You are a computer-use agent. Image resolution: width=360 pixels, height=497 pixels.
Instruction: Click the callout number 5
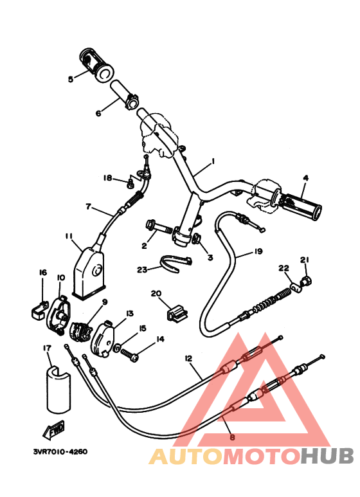(71, 78)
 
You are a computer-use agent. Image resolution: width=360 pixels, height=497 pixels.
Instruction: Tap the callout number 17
(47, 348)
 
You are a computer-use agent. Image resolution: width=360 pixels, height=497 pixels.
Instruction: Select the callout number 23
(142, 269)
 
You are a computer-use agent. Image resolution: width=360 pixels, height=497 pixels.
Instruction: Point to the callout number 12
(188, 359)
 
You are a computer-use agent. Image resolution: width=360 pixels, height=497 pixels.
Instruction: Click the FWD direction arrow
(53, 429)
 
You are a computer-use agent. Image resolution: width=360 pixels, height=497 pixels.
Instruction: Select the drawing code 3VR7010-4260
(60, 452)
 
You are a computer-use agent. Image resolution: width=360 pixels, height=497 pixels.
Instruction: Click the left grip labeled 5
(96, 66)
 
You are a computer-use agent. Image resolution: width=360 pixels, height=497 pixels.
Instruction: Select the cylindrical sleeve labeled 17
(59, 390)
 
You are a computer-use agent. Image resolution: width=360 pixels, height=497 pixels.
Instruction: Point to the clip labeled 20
(177, 312)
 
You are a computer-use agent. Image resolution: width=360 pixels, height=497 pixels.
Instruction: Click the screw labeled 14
(129, 354)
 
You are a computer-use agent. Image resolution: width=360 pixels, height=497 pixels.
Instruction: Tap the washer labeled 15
(116, 348)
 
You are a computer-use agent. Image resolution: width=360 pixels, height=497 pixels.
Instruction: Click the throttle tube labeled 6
(124, 95)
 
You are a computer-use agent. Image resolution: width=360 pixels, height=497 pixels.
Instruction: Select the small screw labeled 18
(130, 183)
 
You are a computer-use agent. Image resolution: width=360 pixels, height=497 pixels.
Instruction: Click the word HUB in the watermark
(327, 456)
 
